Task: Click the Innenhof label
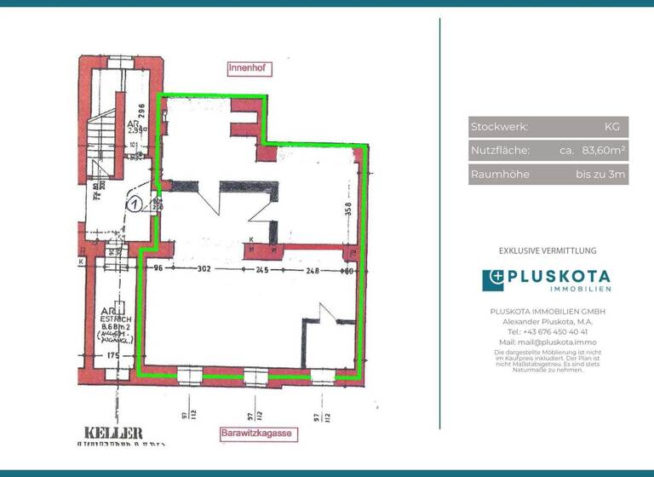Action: point(247,66)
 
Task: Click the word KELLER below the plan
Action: point(113,433)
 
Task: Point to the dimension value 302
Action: point(205,270)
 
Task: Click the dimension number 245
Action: point(261,270)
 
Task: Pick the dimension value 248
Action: point(313,270)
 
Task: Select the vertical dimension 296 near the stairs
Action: point(144,112)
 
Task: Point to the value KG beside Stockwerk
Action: point(611,127)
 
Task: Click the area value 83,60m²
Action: point(604,151)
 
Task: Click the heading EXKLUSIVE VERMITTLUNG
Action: point(548,250)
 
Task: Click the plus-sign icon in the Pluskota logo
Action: point(493,280)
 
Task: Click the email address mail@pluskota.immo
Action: point(548,342)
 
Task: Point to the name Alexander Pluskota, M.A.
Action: point(548,321)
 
